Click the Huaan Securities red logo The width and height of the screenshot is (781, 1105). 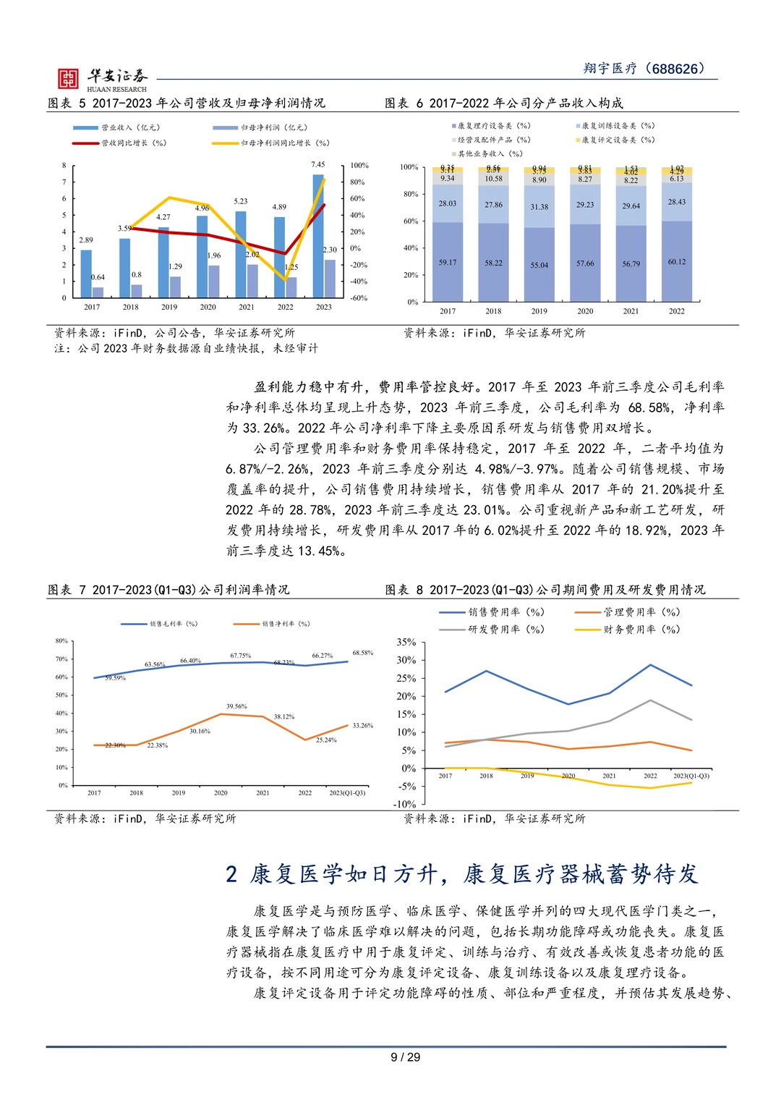pos(68,78)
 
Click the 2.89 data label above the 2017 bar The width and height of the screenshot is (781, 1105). pos(86,240)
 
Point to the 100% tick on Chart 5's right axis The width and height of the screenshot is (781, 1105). pos(359,166)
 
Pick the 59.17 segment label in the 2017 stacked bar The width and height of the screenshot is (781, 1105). pos(448,263)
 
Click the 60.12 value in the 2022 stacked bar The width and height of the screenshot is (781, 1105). pos(677,262)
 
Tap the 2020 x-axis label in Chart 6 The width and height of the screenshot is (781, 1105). pos(585,311)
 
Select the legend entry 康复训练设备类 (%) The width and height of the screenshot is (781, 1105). pos(618,126)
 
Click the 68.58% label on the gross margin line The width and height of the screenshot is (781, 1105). pos(363,653)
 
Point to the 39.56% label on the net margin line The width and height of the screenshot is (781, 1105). pos(236,706)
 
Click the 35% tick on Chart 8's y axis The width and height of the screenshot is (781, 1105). pos(406,643)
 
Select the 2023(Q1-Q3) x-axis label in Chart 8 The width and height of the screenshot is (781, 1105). pos(691,776)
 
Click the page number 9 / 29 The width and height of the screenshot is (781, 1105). pos(405,1057)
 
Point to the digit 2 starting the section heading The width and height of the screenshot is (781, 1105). pos(231,874)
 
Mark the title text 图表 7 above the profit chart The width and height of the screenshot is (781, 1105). pos(67,590)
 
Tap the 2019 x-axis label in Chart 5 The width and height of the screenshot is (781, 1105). pos(169,307)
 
